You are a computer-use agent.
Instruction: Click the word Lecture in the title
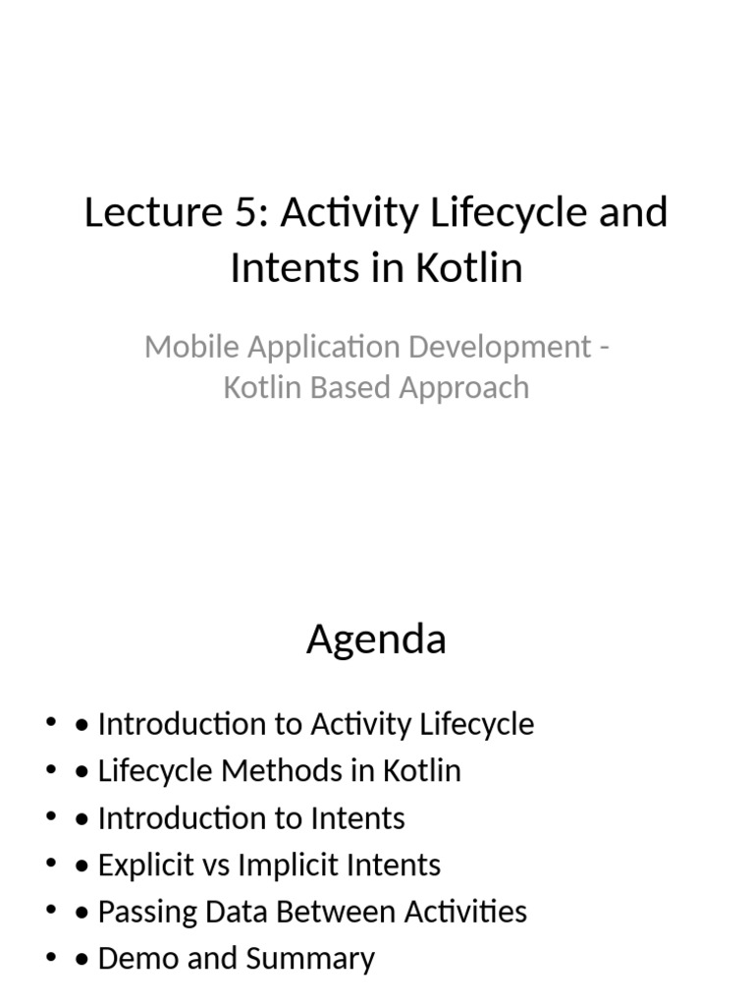[143, 212]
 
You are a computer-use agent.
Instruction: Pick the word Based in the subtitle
[344, 387]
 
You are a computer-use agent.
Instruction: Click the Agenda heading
[376, 641]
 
